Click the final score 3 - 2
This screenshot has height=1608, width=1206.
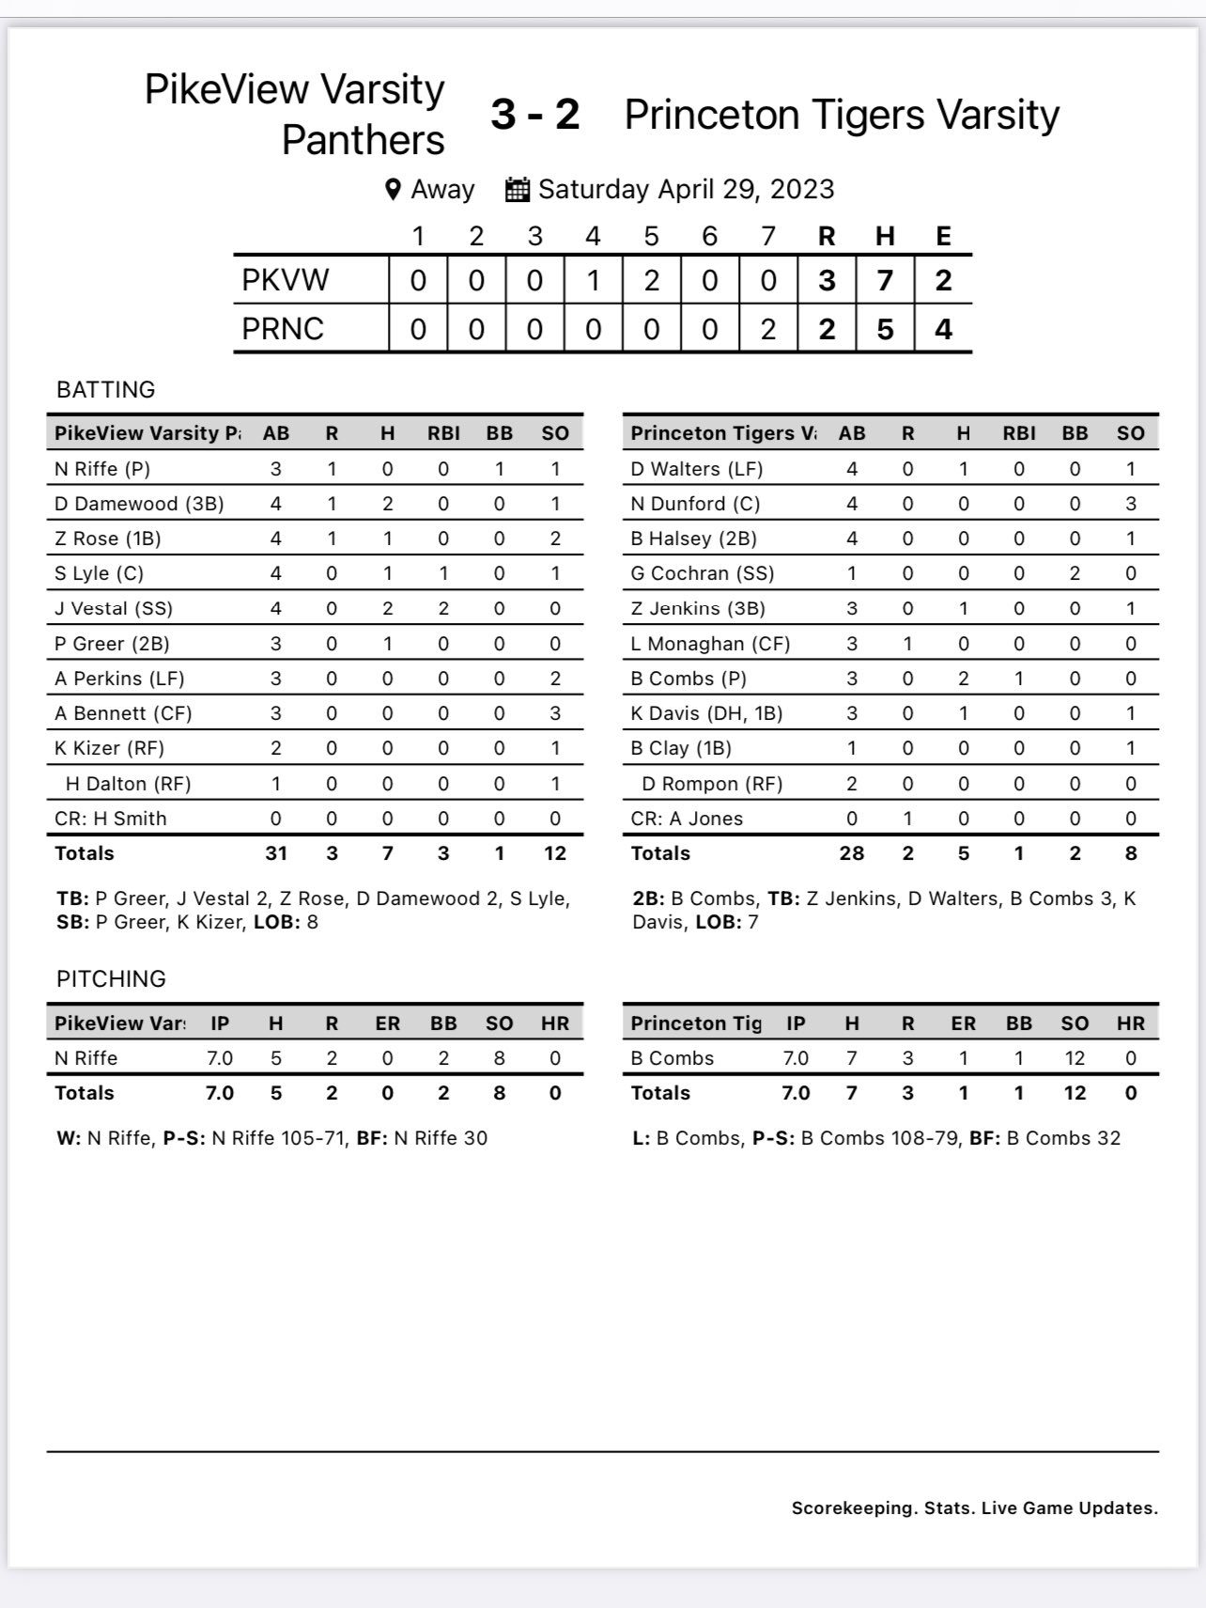[x=534, y=115]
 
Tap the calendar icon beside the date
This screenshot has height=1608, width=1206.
[x=518, y=189]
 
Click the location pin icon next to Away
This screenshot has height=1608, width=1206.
[x=394, y=190]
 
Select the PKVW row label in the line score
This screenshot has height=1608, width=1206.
[x=286, y=280]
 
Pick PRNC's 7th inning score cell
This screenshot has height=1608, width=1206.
[x=767, y=329]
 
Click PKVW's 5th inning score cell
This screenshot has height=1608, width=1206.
[x=651, y=280]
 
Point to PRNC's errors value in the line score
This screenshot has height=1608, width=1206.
[x=943, y=329]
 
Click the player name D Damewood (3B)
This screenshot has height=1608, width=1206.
[x=139, y=504]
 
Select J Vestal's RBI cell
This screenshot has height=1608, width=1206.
[x=443, y=608]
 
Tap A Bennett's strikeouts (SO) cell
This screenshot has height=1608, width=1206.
[x=555, y=713]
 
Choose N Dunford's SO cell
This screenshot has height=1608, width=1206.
[x=1131, y=504]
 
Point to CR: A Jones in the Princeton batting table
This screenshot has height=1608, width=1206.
[x=687, y=819]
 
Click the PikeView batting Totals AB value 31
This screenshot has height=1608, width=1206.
[x=275, y=853]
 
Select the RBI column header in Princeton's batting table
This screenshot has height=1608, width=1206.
[x=1019, y=433]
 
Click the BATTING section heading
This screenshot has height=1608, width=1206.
[x=106, y=389]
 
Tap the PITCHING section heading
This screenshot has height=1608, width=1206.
[x=111, y=978]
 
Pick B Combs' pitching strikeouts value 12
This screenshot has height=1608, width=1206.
[x=1075, y=1058]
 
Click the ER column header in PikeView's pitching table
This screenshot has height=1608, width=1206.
[x=387, y=1023]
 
